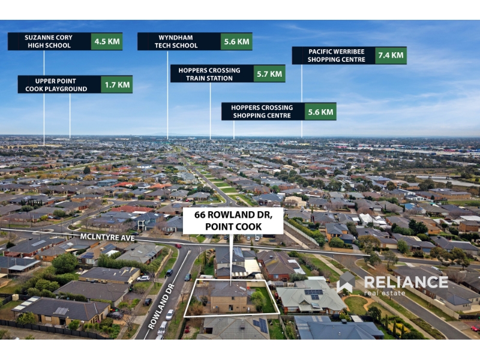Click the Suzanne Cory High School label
pos(49,41)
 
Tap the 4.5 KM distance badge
pos(107,41)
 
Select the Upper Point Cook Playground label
pos(56,85)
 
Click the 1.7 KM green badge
pos(117,85)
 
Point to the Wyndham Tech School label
pos(176,41)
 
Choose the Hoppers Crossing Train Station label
pos(209,74)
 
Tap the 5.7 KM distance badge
pos(269,74)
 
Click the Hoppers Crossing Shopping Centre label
pos(262,112)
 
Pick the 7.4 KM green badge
pos(391,55)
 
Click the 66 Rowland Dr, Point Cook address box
pos(233,221)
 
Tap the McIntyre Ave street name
pos(107,237)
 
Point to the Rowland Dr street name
pos(161,306)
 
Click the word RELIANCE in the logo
pos(406,282)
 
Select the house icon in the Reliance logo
pos(347,282)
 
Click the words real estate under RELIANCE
pos(385,293)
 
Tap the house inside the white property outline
pos(228,298)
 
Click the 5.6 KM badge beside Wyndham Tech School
pos(236,41)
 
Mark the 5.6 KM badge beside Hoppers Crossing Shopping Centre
pos(320,112)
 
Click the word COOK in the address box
pos(249,227)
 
